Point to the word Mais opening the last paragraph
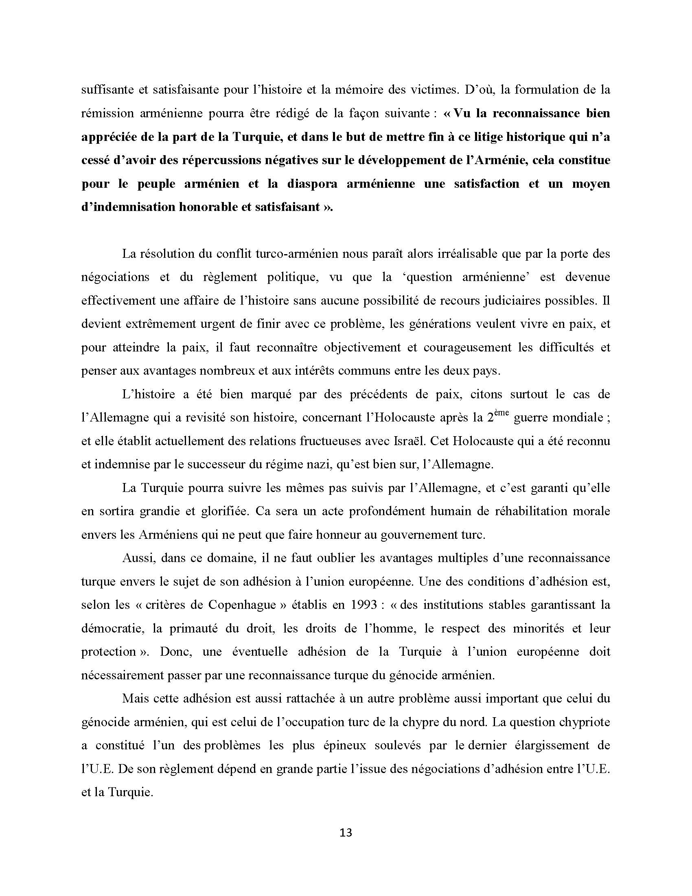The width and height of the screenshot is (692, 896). click(x=135, y=698)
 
